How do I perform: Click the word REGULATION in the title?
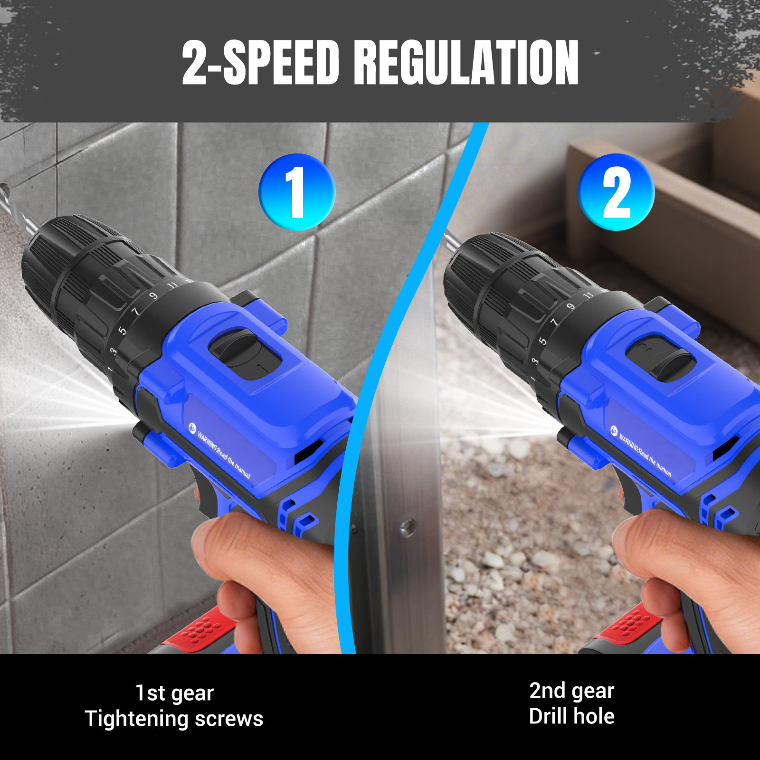tap(466, 62)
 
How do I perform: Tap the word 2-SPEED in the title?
tap(260, 62)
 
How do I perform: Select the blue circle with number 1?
tap(297, 192)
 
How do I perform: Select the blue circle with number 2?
tap(616, 192)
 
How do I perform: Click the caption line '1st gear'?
tap(175, 693)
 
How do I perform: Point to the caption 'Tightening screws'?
tap(174, 718)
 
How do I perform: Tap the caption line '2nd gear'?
tap(572, 691)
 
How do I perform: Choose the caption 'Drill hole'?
tap(572, 716)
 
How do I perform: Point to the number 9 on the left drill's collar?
tap(153, 296)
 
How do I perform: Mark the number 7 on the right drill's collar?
tap(554, 323)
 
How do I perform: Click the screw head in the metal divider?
tap(407, 526)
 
